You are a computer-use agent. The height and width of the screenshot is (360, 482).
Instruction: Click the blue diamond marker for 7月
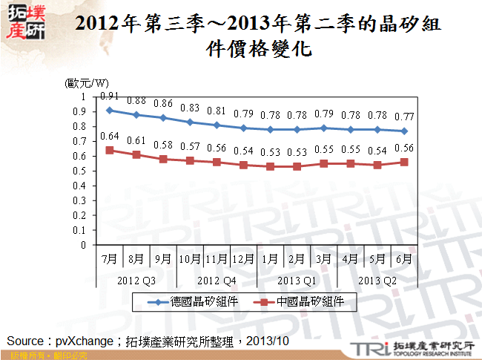[110, 110]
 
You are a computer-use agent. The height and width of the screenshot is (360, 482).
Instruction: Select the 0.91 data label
[110, 96]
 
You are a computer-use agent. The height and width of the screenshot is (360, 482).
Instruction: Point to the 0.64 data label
[110, 137]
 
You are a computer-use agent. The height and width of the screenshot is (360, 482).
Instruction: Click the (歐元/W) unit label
[87, 83]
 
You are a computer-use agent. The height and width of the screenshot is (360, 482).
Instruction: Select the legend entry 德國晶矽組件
[199, 301]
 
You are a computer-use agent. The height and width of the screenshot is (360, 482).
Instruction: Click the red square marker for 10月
[191, 160]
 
